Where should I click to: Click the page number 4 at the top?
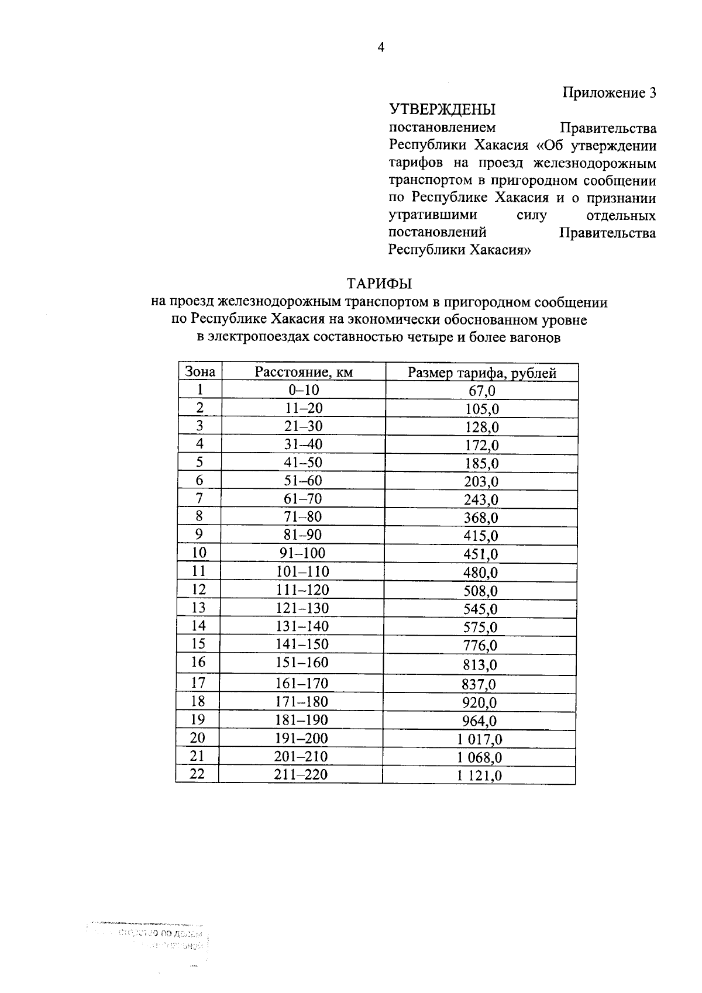coord(381,48)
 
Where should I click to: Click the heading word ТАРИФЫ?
coord(380,284)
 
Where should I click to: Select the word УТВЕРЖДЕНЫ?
coord(442,109)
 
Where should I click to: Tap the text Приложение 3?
coord(609,92)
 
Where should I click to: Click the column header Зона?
coord(199,372)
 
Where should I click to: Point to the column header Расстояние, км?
coord(304,373)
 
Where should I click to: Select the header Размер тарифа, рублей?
coord(481,373)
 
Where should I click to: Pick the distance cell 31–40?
coord(303,444)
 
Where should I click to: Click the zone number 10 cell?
coord(199,553)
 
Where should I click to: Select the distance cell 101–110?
coord(302,572)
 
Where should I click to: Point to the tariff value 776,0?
coord(480,646)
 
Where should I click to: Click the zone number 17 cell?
coord(198,682)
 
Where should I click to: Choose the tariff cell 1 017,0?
coord(480,740)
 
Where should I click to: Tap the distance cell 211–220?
coord(301,775)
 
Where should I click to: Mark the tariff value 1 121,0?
coord(480,777)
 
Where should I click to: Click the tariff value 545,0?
coord(480,609)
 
